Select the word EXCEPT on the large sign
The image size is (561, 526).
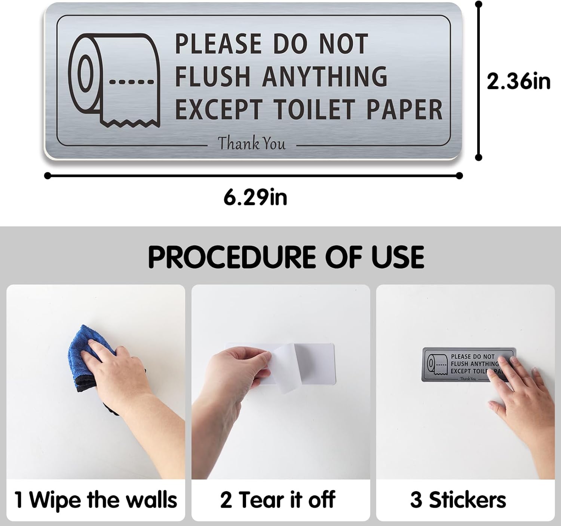point(219,109)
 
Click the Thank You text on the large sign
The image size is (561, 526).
point(251,143)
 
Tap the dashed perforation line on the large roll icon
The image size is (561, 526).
point(132,82)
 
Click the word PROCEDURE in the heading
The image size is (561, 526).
point(232,257)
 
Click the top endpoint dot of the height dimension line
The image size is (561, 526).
point(478,4)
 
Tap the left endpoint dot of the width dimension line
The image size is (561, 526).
point(48,176)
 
